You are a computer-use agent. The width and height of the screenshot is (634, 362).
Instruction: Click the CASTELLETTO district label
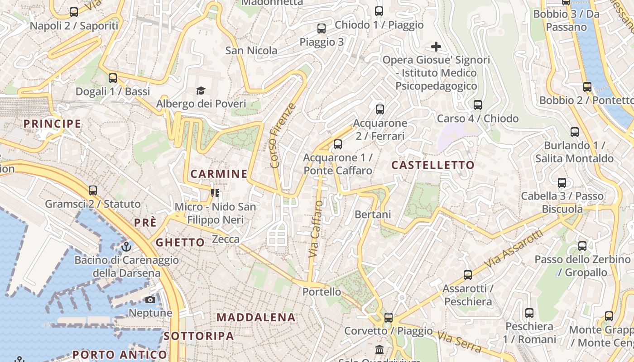pos(432,165)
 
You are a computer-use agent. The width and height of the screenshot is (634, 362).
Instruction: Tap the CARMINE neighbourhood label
pos(219,174)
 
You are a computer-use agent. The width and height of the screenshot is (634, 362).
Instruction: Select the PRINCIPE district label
pos(52,124)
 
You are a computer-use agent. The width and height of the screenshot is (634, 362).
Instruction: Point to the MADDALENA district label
pos(256,317)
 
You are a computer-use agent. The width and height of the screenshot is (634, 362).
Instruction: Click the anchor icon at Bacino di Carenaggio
pos(126,247)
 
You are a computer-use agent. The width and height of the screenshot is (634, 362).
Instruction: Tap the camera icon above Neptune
pos(150,300)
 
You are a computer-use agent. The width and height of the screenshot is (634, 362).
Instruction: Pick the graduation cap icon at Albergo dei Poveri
pos(201,91)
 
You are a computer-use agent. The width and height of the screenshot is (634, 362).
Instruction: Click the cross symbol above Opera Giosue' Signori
pos(436,47)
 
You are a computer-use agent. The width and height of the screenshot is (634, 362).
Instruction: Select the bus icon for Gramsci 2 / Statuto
pos(93,191)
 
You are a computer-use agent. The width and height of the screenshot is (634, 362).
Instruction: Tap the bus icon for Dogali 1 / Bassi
pos(113,78)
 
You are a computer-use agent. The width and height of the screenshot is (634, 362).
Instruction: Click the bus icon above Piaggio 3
pos(322,29)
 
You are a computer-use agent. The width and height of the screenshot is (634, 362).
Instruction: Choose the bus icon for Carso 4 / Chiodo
pos(478,105)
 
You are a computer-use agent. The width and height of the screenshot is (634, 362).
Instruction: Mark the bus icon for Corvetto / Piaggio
pos(388,318)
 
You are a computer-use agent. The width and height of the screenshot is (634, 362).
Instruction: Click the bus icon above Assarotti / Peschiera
pos(468,275)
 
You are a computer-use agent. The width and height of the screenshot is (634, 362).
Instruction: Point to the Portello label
pos(322,291)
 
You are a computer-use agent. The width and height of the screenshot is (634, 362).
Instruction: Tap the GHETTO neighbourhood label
pos(180,243)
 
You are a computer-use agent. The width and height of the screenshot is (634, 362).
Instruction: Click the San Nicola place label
pos(251,50)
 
